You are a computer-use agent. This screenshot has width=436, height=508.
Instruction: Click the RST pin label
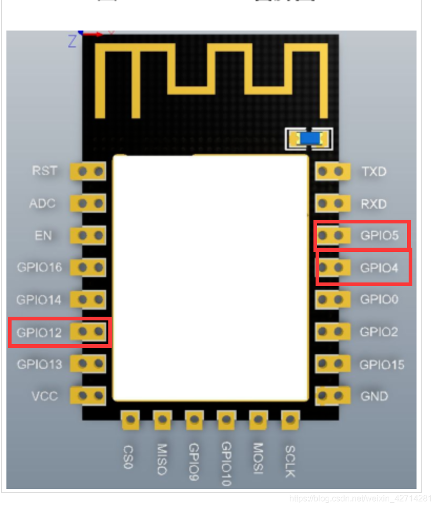click(x=44, y=171)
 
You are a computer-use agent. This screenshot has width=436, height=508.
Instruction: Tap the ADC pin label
click(x=43, y=203)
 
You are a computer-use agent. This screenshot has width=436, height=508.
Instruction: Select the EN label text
click(x=43, y=236)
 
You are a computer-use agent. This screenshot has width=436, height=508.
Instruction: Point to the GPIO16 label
click(x=39, y=268)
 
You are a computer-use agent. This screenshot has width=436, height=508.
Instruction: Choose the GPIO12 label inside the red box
click(x=39, y=333)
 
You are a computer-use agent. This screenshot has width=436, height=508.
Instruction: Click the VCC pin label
click(x=44, y=396)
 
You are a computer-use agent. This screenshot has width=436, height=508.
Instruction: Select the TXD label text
click(x=374, y=172)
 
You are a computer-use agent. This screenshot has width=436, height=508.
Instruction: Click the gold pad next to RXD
click(x=332, y=203)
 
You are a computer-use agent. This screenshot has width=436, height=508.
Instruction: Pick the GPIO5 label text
click(x=379, y=236)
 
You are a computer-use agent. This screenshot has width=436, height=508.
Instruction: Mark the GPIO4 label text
click(x=379, y=268)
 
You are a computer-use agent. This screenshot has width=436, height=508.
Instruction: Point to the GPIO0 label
click(x=379, y=300)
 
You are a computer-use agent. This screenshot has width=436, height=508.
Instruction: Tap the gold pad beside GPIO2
click(x=332, y=332)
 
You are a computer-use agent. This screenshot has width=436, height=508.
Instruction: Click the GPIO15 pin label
click(x=382, y=364)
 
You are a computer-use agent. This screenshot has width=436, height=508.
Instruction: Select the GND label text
click(x=374, y=396)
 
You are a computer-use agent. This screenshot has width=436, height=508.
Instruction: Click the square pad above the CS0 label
click(x=130, y=420)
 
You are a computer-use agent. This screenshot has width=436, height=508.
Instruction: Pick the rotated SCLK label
click(x=290, y=461)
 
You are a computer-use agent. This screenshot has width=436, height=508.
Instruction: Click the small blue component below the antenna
click(x=309, y=139)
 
